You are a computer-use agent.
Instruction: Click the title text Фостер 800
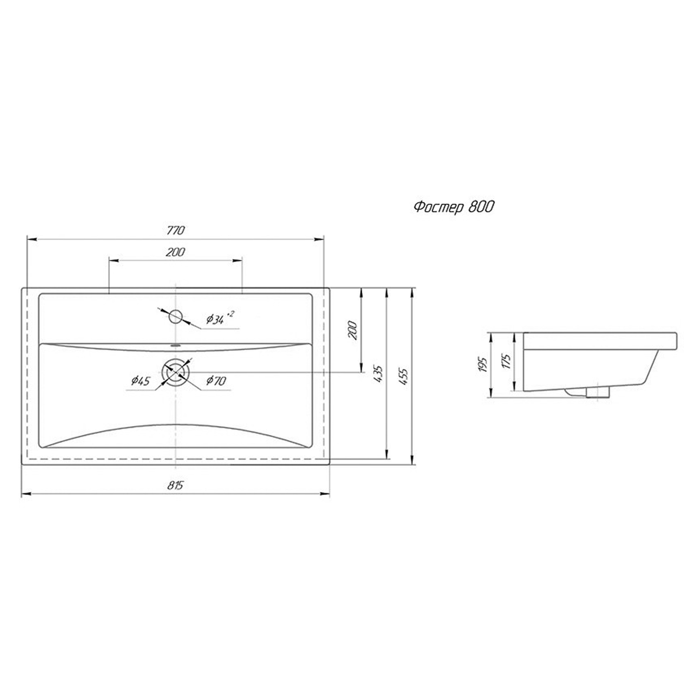tap(453, 207)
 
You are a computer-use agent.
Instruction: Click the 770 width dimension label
tap(176, 230)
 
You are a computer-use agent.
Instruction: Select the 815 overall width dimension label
tap(176, 485)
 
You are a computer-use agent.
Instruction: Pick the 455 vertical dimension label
tap(405, 377)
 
